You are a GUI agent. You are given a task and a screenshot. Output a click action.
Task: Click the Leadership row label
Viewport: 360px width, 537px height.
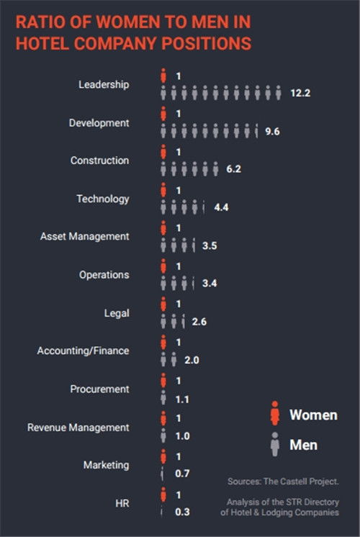click(104, 85)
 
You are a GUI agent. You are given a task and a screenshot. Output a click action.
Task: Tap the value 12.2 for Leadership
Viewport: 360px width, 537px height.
click(300, 93)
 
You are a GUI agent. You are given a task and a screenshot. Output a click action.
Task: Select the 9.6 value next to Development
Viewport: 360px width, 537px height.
click(272, 132)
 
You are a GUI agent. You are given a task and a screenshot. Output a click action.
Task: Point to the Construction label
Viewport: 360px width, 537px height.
click(99, 161)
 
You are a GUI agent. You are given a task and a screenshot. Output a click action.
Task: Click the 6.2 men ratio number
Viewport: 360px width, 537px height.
click(233, 169)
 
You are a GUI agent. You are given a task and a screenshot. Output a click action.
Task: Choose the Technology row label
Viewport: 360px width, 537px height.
click(103, 199)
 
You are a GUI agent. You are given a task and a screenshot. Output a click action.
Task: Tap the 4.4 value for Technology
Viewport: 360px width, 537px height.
click(221, 207)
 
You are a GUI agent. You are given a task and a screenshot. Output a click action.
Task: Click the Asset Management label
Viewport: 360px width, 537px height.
click(85, 237)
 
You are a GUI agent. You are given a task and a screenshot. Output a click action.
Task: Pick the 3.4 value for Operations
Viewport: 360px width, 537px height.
click(210, 283)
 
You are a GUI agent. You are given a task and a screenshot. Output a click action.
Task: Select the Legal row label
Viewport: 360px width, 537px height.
click(117, 313)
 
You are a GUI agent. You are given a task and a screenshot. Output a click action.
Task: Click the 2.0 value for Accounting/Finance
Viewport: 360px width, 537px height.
click(192, 360)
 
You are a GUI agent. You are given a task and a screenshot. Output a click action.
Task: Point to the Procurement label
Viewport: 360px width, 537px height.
click(99, 389)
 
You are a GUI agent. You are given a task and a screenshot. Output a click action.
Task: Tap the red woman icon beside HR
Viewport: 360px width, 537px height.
click(163, 495)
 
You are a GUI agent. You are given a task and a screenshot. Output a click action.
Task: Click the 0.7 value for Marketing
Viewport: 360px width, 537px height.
click(182, 474)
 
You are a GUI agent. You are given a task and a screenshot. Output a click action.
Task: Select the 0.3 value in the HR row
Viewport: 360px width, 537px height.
click(182, 512)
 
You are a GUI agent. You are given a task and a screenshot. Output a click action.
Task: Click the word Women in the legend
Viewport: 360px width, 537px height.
click(313, 415)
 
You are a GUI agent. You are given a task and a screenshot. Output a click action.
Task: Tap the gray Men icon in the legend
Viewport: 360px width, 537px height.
click(275, 444)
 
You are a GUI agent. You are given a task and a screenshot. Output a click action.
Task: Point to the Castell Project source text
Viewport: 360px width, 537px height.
click(283, 482)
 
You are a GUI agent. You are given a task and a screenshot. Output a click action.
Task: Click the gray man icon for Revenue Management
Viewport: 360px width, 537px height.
click(163, 436)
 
